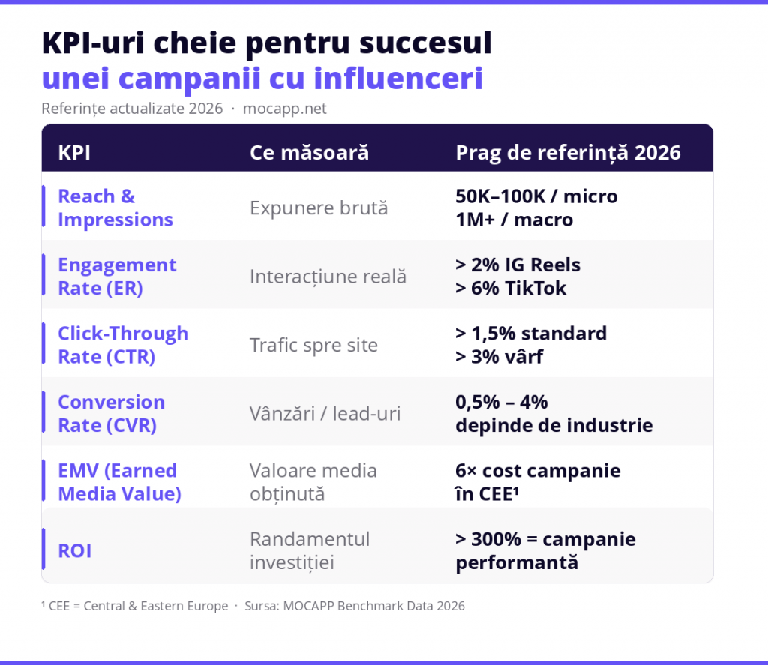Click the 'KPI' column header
pos(74,153)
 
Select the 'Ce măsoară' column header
pos(309,153)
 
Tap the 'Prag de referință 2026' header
pos(568,153)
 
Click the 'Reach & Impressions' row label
pos(115,208)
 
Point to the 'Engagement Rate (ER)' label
pos(117,277)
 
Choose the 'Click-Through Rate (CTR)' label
pos(122,345)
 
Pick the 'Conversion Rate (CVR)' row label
pos(111,413)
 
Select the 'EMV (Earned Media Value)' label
pos(117,482)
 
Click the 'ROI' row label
pos(74,551)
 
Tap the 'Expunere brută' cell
pos(319,208)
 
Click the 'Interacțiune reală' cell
pos(328,277)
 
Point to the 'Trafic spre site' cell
pos(313,346)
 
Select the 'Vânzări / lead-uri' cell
pos(325,414)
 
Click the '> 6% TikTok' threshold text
pos(511,289)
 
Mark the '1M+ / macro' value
pos(514,220)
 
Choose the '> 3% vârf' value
pos(499,357)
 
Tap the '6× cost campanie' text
pos(538,471)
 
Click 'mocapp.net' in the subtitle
pos(285,109)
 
